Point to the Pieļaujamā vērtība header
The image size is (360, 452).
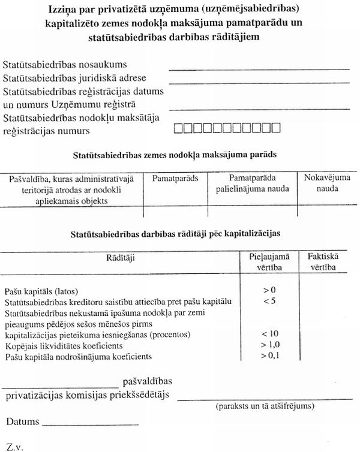point(269,261)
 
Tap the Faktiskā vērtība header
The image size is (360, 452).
point(325,261)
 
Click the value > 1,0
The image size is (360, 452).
point(269,345)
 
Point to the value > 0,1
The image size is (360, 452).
point(269,357)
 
